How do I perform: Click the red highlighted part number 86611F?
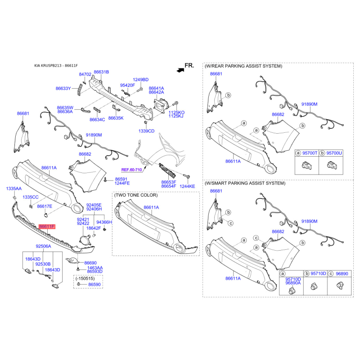47,227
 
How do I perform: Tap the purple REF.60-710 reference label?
131,170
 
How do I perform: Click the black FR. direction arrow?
180,70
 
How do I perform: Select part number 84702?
85,74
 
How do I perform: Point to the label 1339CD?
147,131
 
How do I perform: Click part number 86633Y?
63,88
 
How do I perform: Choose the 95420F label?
128,85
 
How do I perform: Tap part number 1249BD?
141,80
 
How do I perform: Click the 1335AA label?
14,189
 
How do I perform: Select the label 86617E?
45,206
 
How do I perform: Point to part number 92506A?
43,246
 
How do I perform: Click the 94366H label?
104,222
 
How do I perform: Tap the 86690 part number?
90,263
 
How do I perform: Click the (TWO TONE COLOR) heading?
136,195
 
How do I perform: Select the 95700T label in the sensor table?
310,153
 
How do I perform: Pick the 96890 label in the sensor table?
342,274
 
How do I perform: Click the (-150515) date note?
85,279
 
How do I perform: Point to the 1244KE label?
187,186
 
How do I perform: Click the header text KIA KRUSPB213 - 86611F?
56,66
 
